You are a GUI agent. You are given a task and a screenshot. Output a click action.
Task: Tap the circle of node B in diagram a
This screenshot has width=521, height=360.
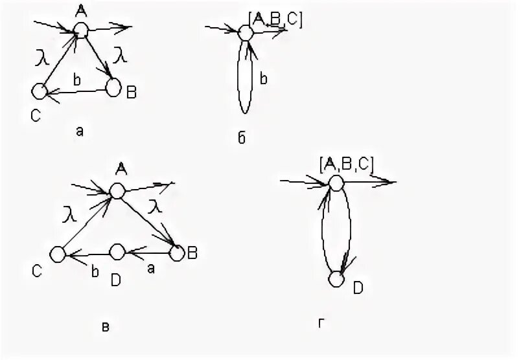pos(114,87)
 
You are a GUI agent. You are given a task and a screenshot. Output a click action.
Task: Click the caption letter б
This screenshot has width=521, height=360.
pos(242,139)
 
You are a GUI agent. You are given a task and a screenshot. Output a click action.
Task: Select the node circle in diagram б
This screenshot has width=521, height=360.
pos(246,32)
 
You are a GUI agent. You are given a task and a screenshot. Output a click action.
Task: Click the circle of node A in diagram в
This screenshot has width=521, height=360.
pos(117,190)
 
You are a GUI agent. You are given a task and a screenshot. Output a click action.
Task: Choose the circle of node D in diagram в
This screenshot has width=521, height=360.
pos(117,251)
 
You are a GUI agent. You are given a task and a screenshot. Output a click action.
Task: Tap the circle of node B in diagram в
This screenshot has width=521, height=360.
pos(176,253)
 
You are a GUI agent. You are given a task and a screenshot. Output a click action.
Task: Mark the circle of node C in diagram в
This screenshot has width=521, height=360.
pos(59,254)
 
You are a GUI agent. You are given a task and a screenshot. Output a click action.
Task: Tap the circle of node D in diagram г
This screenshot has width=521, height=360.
pos(336,279)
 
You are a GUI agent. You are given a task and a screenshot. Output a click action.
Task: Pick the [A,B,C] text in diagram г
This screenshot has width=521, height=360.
pos(346,164)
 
